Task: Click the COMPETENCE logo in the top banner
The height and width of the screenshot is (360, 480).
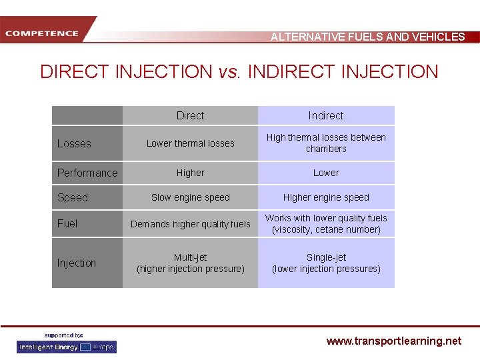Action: [41, 33]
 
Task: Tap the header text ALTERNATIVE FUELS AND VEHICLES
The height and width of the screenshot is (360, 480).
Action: [367, 37]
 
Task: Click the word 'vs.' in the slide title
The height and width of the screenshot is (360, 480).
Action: [230, 72]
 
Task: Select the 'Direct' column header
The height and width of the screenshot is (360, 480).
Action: [190, 115]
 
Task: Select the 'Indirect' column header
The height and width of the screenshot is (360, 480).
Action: [326, 115]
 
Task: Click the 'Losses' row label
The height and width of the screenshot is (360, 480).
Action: [74, 143]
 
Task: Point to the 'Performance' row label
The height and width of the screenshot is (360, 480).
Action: [87, 173]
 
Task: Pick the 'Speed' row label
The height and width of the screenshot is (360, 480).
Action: [73, 197]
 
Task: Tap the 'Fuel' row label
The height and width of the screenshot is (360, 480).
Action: [67, 223]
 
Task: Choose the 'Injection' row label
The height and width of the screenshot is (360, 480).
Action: [77, 263]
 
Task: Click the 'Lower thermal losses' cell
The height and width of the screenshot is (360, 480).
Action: [190, 143]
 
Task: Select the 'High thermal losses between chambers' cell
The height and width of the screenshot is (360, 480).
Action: [326, 143]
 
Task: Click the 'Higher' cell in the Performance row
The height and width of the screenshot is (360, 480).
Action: [190, 173]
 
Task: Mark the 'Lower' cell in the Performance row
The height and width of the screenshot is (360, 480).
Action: [326, 173]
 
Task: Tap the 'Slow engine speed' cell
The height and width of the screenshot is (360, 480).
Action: [190, 197]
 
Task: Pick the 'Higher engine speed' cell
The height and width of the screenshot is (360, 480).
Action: [326, 197]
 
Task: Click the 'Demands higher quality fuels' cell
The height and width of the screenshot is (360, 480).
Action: [190, 224]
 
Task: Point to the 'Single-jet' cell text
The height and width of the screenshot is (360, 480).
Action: [326, 257]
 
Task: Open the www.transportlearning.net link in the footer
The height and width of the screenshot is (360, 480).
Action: [393, 341]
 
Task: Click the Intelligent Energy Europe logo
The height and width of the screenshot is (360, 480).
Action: [67, 347]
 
